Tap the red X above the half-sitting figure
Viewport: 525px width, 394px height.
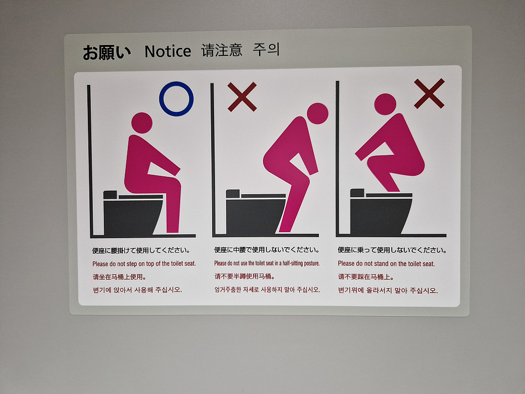point(242,97)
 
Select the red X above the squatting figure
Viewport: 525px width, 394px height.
point(429,93)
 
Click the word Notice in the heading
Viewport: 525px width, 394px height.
point(168,51)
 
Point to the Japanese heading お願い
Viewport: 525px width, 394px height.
point(106,52)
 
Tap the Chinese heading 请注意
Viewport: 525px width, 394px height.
point(222,50)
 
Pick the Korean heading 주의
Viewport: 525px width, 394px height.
point(266,49)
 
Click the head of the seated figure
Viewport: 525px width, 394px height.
point(142,123)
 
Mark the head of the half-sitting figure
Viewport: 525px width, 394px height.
point(317,113)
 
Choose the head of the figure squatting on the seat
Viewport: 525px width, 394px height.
point(385,104)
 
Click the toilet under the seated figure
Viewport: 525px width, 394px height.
point(133,213)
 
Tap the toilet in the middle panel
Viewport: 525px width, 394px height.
point(256,212)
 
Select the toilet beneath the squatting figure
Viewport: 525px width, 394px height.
point(381,212)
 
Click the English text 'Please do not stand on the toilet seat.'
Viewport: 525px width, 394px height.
point(386,264)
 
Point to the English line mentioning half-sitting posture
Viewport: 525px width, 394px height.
point(267,263)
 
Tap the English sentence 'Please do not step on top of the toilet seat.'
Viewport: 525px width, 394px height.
point(144,264)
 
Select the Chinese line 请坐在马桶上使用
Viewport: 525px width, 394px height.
point(119,277)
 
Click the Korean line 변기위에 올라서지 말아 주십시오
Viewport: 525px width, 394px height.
point(388,290)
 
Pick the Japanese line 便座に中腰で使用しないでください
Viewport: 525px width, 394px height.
point(267,250)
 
